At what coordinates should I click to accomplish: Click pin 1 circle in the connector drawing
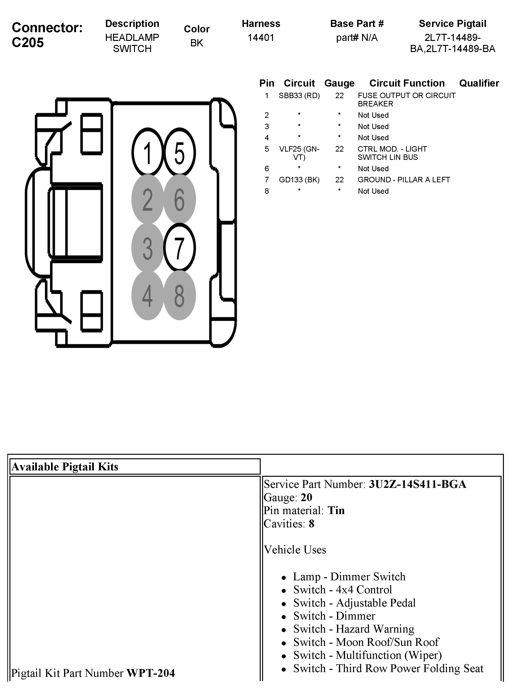coord(147,153)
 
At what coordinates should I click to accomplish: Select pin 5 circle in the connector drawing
coord(180,153)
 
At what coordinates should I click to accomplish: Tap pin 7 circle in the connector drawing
coord(180,248)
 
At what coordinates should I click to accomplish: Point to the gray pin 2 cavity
coord(147,200)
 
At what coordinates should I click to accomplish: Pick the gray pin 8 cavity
coord(180,295)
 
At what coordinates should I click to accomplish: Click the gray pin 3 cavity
coord(147,248)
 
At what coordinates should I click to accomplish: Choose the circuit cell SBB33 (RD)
coord(299,96)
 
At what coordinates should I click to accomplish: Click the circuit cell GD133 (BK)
coord(299,180)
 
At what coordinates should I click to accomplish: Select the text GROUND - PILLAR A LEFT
coord(404,180)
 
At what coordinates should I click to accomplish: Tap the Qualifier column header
coord(479,83)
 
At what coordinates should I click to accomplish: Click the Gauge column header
coord(339,83)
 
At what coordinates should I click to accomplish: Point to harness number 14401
coord(261,38)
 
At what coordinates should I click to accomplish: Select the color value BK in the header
coord(197,43)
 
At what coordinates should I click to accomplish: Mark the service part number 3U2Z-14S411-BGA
coord(417,484)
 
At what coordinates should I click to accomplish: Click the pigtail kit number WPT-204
coord(151,673)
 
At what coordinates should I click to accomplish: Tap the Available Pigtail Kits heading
coord(65,467)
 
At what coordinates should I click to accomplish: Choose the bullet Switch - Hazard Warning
coord(354,629)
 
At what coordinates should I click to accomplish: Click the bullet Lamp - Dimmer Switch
coord(349,577)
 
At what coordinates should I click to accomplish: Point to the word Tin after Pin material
coord(336,510)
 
